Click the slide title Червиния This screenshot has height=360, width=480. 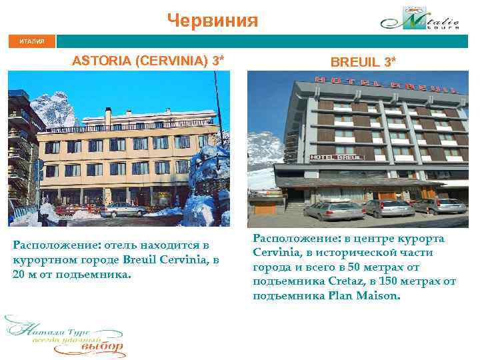[212, 20]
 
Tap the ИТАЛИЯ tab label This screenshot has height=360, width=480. [31, 41]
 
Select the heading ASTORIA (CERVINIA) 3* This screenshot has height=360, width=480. [148, 61]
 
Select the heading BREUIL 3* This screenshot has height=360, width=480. [363, 62]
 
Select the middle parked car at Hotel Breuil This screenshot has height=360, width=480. [389, 208]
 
